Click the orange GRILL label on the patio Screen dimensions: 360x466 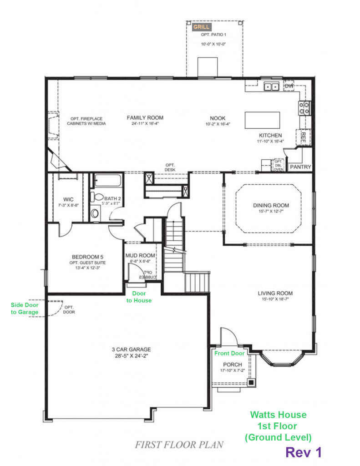click(201, 27)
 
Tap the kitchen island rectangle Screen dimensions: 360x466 click(262, 120)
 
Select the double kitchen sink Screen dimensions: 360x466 click(271, 87)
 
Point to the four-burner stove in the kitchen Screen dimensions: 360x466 click(304, 108)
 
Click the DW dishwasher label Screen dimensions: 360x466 click(289, 86)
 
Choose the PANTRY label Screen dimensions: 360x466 click(300, 167)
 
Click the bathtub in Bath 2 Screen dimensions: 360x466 click(107, 181)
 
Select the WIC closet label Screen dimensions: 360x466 click(68, 199)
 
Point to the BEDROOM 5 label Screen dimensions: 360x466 click(87, 257)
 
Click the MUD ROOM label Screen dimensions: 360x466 click(140, 255)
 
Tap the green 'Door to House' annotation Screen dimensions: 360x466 click(139, 297)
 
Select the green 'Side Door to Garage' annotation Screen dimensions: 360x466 click(25, 309)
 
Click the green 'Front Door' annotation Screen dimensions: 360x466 click(229, 353)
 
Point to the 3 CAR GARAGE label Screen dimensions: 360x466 click(132, 349)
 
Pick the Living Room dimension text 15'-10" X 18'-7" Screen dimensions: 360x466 click(275, 299)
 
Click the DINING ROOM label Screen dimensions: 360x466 click(271, 205)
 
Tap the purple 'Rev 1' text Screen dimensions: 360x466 click(304, 452)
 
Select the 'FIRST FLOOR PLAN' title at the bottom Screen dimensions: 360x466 click(179, 445)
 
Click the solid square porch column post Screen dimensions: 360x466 click(252, 382)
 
